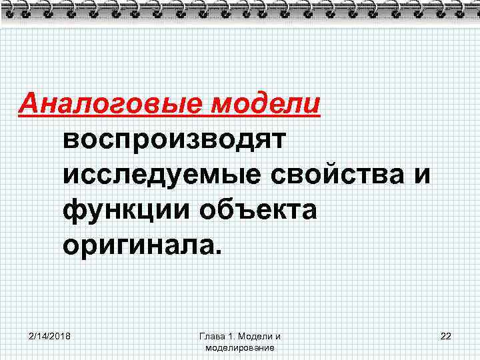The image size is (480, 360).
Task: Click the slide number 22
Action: (446, 336)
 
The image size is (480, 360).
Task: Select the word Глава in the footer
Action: (211, 336)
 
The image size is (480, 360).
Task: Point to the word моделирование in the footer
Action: (240, 347)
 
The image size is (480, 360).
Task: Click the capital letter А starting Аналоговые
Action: (29, 105)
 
